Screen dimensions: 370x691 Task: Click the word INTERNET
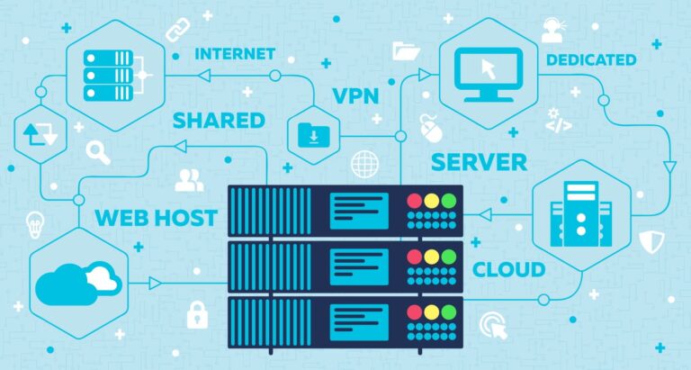coord(235,53)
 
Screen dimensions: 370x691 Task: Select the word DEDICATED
coord(590,60)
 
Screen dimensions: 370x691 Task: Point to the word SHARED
coord(219,120)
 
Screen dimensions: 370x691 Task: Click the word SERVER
coord(479,163)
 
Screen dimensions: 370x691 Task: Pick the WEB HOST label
coord(156,217)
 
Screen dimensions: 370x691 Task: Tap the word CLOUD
coord(508,269)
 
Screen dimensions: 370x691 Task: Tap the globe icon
coord(364,164)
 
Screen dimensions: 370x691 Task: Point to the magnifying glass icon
coord(98,152)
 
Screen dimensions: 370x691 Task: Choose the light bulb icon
coord(35,221)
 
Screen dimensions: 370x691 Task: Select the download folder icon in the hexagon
coord(313,135)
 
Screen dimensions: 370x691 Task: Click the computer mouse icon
coord(430,128)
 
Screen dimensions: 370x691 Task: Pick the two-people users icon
coord(189,180)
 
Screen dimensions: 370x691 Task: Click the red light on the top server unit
coord(415,200)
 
